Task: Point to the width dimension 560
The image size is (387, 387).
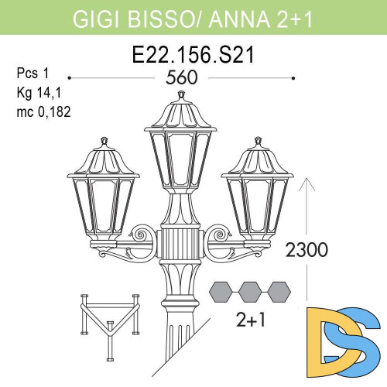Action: point(183,78)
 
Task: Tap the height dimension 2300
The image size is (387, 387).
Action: point(308,250)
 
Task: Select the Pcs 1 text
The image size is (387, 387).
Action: point(32,74)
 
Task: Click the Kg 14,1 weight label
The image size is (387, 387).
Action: point(36,93)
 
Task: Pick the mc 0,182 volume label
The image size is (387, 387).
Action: point(43,111)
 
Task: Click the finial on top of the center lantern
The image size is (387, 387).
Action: point(182,95)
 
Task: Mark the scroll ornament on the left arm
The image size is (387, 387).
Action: point(142,235)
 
